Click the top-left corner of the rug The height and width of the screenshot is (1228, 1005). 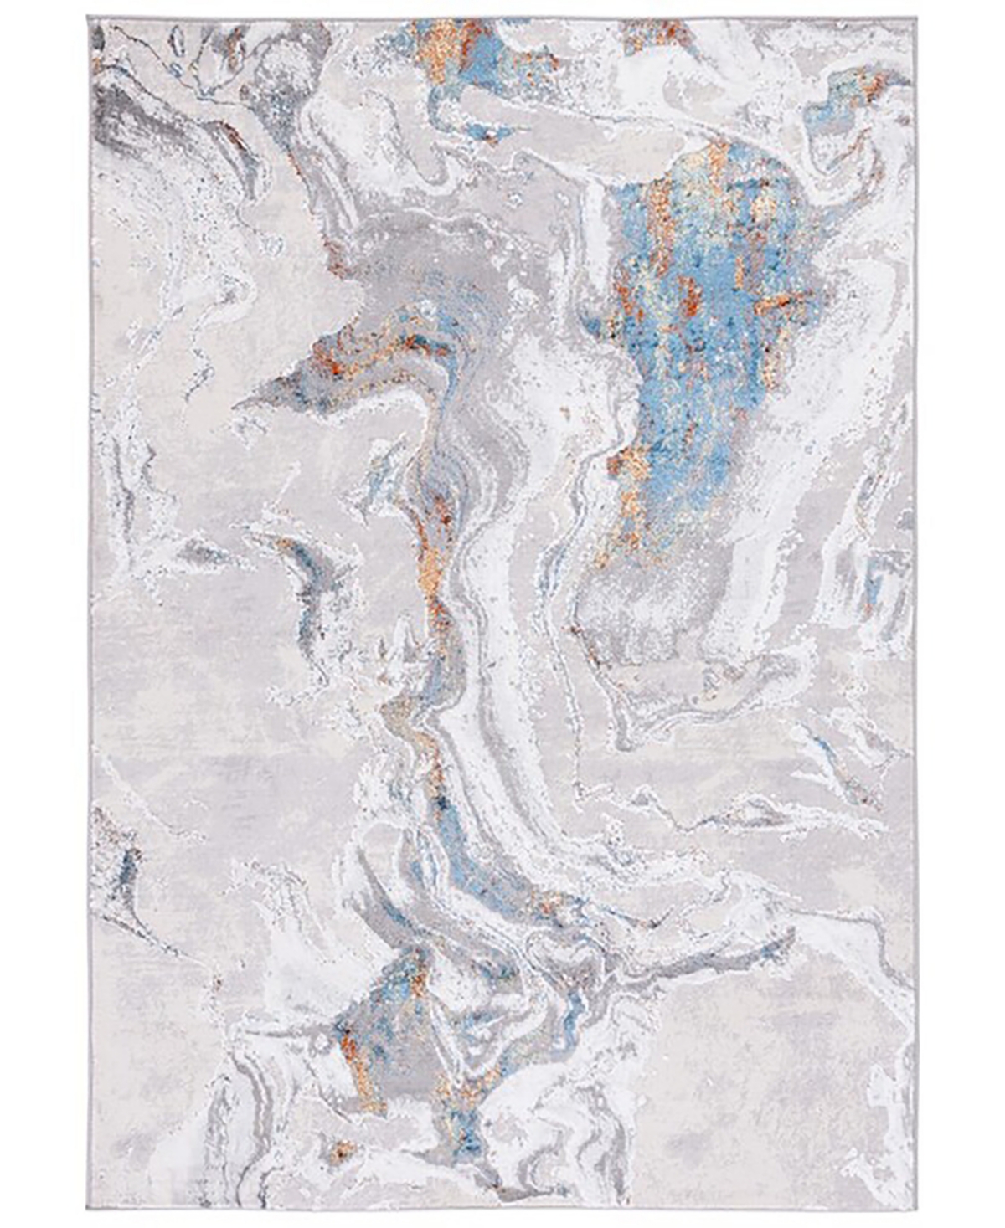pyautogui.click(x=88, y=21)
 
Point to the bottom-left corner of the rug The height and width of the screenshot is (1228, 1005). pyautogui.click(x=88, y=1208)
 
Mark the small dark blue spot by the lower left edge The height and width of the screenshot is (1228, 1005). pyautogui.click(x=130, y=862)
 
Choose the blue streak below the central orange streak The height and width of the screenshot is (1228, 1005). pyautogui.click(x=448, y=820)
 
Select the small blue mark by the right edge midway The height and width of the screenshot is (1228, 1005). pyautogui.click(x=875, y=578)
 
